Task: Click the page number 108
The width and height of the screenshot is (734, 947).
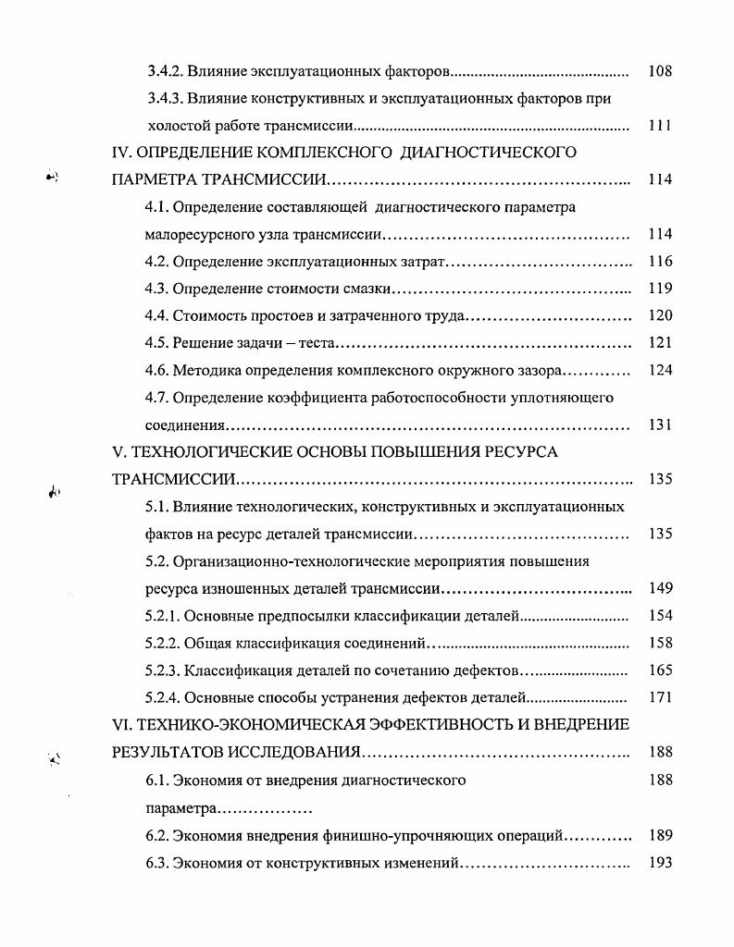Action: coord(659,71)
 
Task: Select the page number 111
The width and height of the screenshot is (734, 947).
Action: coord(659,126)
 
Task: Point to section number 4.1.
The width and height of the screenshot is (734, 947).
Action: coord(156,207)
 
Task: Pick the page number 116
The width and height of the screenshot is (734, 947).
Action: coord(659,262)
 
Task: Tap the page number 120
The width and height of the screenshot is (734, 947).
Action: coord(659,315)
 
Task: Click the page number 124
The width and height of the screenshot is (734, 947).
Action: coord(659,370)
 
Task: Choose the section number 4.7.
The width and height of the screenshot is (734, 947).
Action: coord(156,398)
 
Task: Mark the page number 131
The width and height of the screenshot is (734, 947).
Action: coord(659,424)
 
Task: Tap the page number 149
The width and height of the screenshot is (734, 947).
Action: coord(659,588)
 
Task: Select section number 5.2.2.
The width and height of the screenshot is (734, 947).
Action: coord(164,643)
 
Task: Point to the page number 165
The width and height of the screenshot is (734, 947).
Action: coord(659,670)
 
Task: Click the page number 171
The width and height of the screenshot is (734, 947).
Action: coord(659,697)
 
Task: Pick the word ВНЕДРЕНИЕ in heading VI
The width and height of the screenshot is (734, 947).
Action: coord(578,725)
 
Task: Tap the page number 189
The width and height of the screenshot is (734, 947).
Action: coord(659,835)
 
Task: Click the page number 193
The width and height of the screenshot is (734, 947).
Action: coord(659,862)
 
